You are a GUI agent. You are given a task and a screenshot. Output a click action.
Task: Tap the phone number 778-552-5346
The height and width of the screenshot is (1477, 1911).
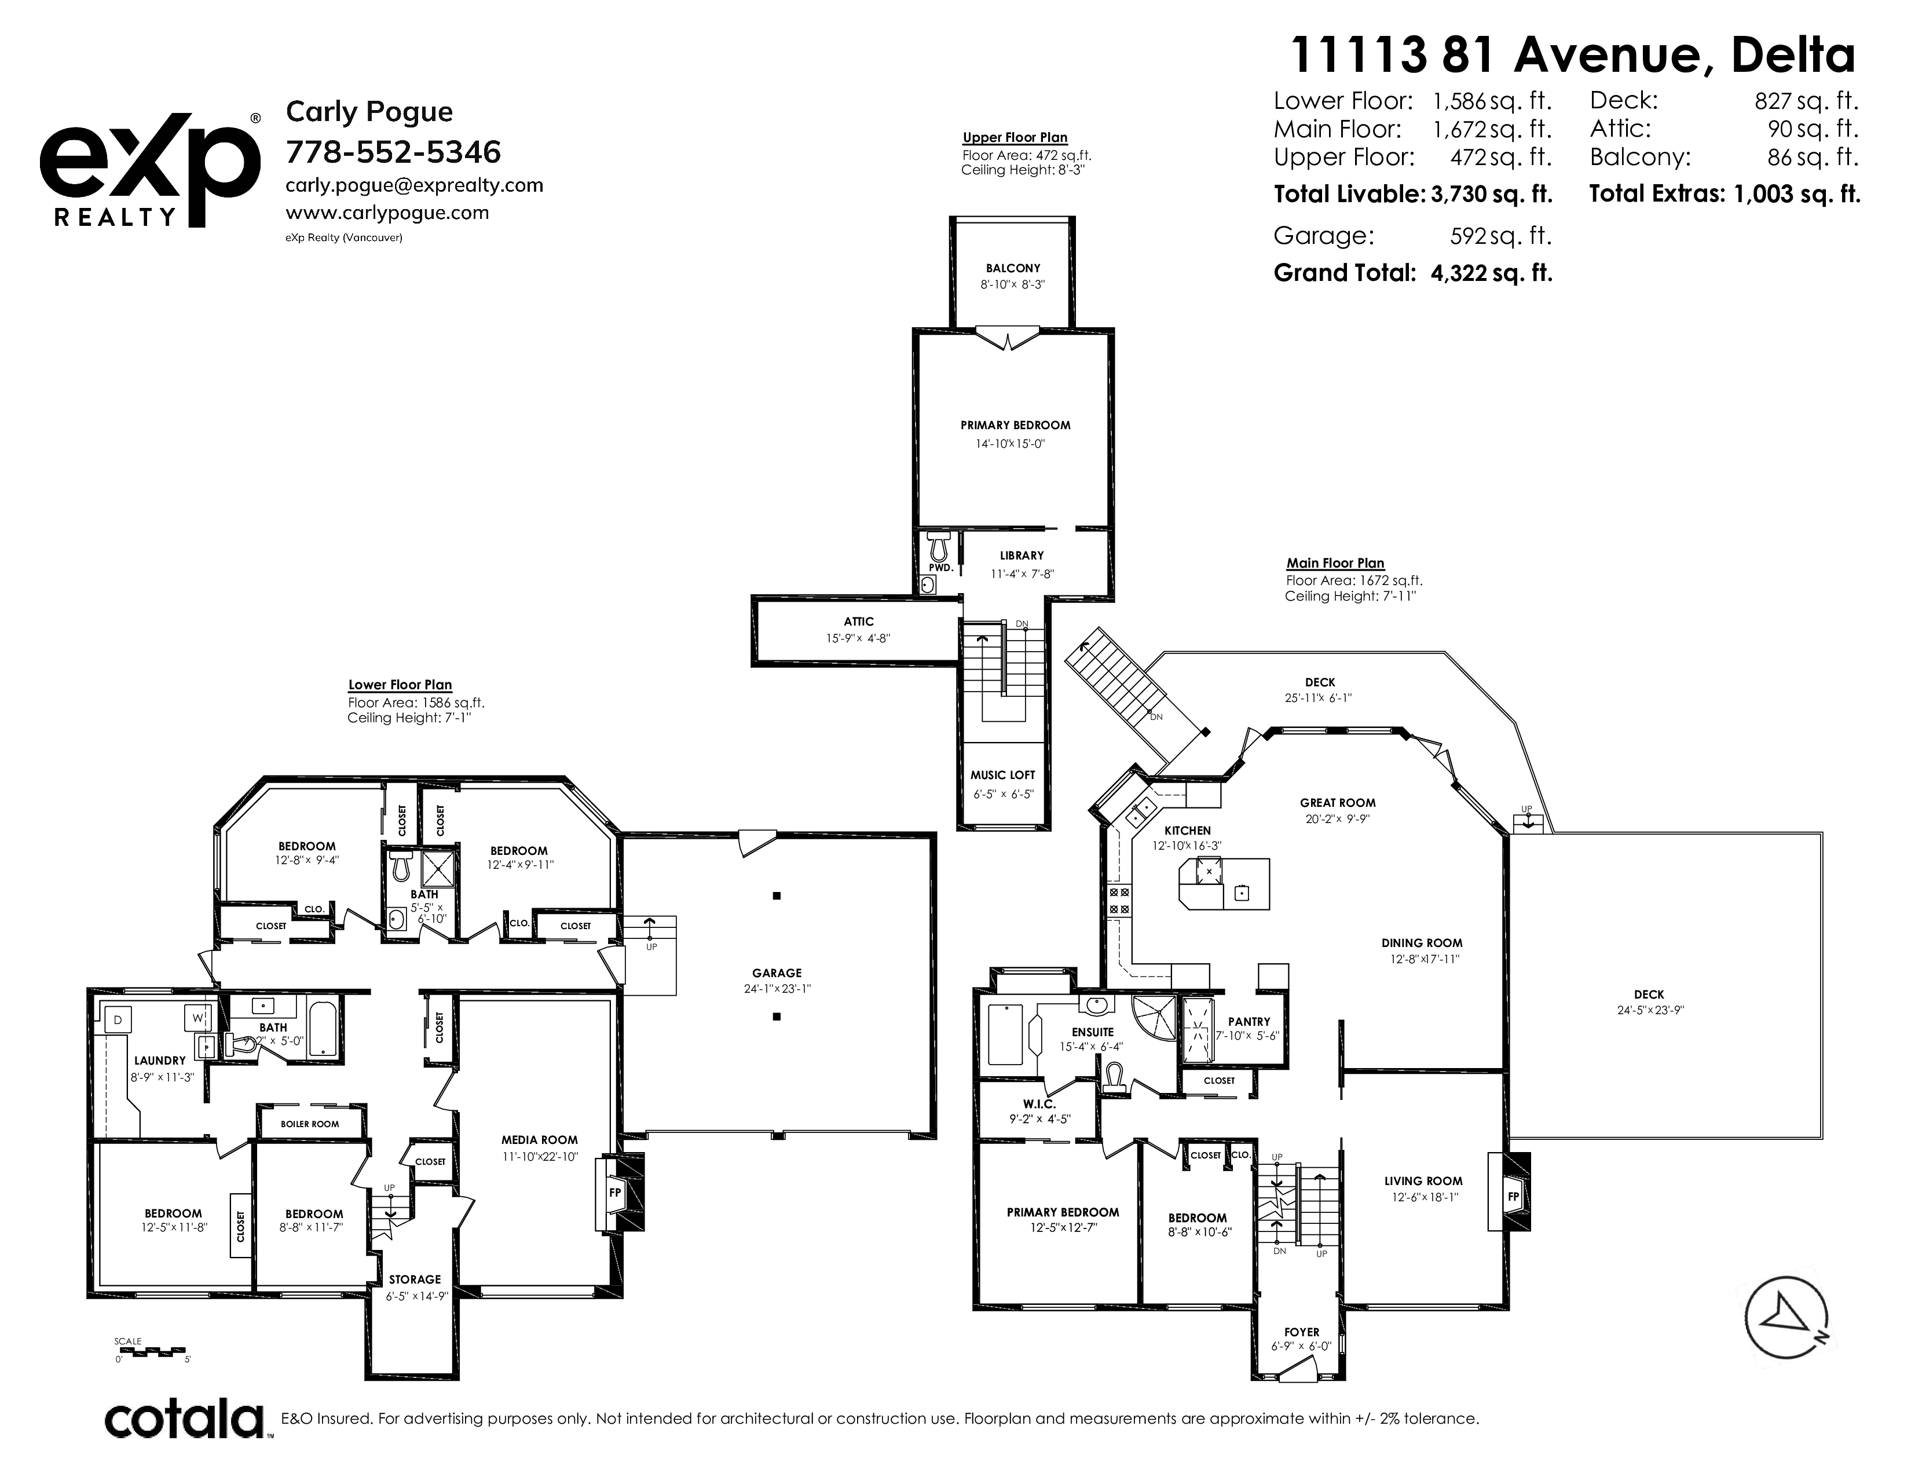point(394,152)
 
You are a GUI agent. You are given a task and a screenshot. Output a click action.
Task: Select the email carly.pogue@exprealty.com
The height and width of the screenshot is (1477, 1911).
point(415,185)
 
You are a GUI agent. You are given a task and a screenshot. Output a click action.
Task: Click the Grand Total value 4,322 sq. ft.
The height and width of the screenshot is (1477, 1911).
point(1491,273)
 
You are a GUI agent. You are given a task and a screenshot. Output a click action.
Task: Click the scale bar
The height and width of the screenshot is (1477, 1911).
point(153,1352)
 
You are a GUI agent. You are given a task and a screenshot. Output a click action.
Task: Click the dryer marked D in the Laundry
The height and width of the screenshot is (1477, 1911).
point(118,1018)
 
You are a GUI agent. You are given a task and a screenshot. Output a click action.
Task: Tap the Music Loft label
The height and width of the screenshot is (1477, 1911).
point(1003,775)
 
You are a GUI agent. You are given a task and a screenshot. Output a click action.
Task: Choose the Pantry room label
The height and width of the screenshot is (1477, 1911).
point(1249,1021)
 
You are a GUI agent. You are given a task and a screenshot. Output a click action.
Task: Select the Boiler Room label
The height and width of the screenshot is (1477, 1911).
point(310,1124)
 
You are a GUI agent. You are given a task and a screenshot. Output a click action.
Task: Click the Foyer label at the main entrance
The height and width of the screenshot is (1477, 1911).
point(1302,1332)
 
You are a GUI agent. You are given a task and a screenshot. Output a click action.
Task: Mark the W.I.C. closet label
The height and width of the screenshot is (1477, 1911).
point(1039,1104)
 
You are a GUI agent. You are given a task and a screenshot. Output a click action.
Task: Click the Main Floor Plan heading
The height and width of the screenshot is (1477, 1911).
point(1335,564)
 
